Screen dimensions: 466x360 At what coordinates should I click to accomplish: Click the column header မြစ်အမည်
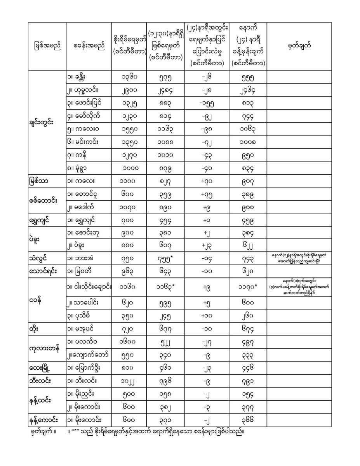(x=47, y=47)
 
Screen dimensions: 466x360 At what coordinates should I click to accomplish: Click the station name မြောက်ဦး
(x=85, y=367)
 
